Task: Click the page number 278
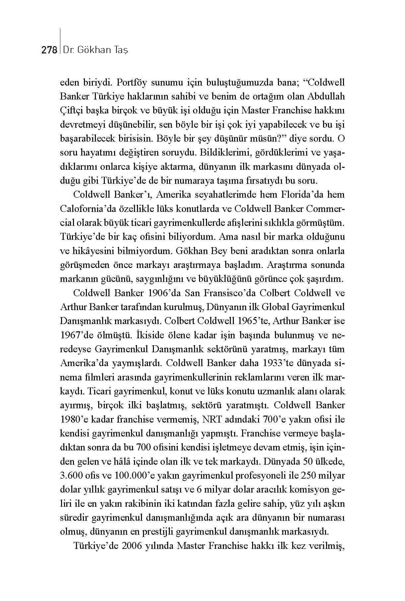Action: pos(49,50)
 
